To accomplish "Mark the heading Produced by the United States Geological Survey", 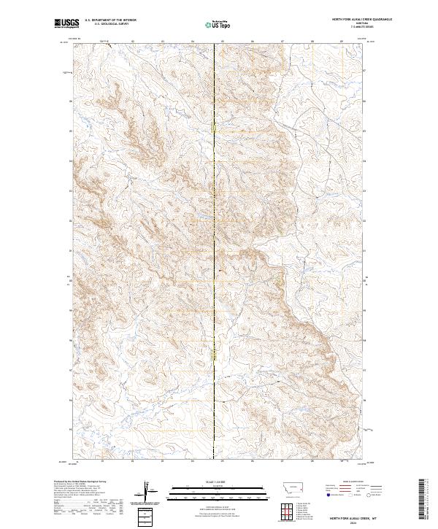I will pos(81,482).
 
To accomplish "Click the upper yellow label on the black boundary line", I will pos(214,128).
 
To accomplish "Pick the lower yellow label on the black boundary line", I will pos(214,353).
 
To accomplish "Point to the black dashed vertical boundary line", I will pos(214,241).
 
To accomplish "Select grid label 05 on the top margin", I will pos(222,42).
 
